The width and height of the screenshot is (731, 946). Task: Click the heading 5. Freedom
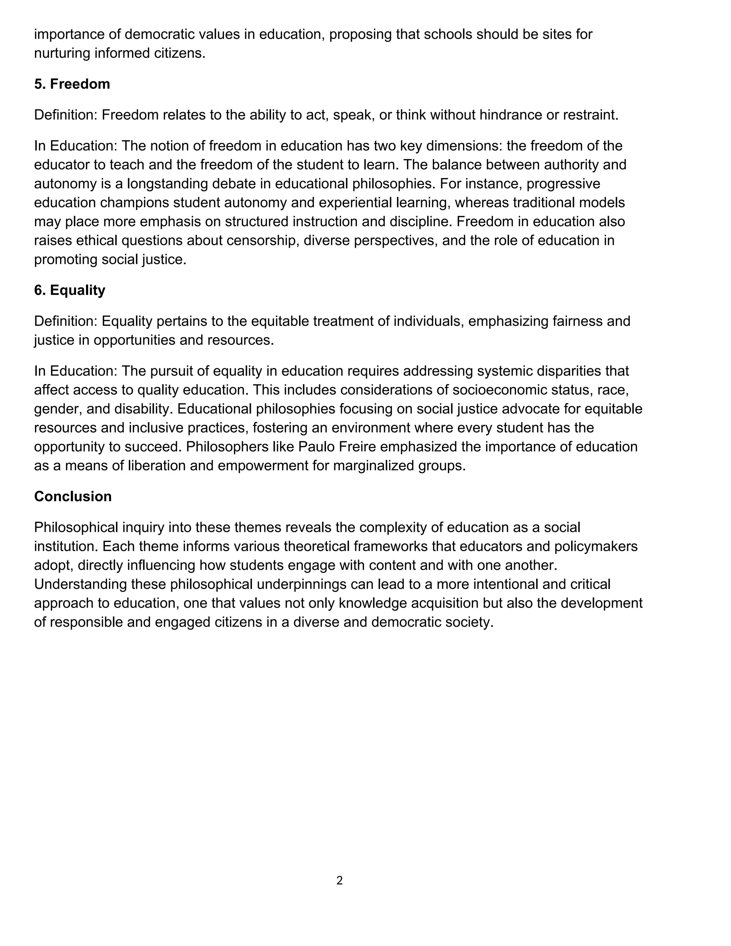click(72, 84)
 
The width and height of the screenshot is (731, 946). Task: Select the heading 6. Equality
click(70, 290)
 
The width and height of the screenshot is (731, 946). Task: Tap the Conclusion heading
click(73, 497)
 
